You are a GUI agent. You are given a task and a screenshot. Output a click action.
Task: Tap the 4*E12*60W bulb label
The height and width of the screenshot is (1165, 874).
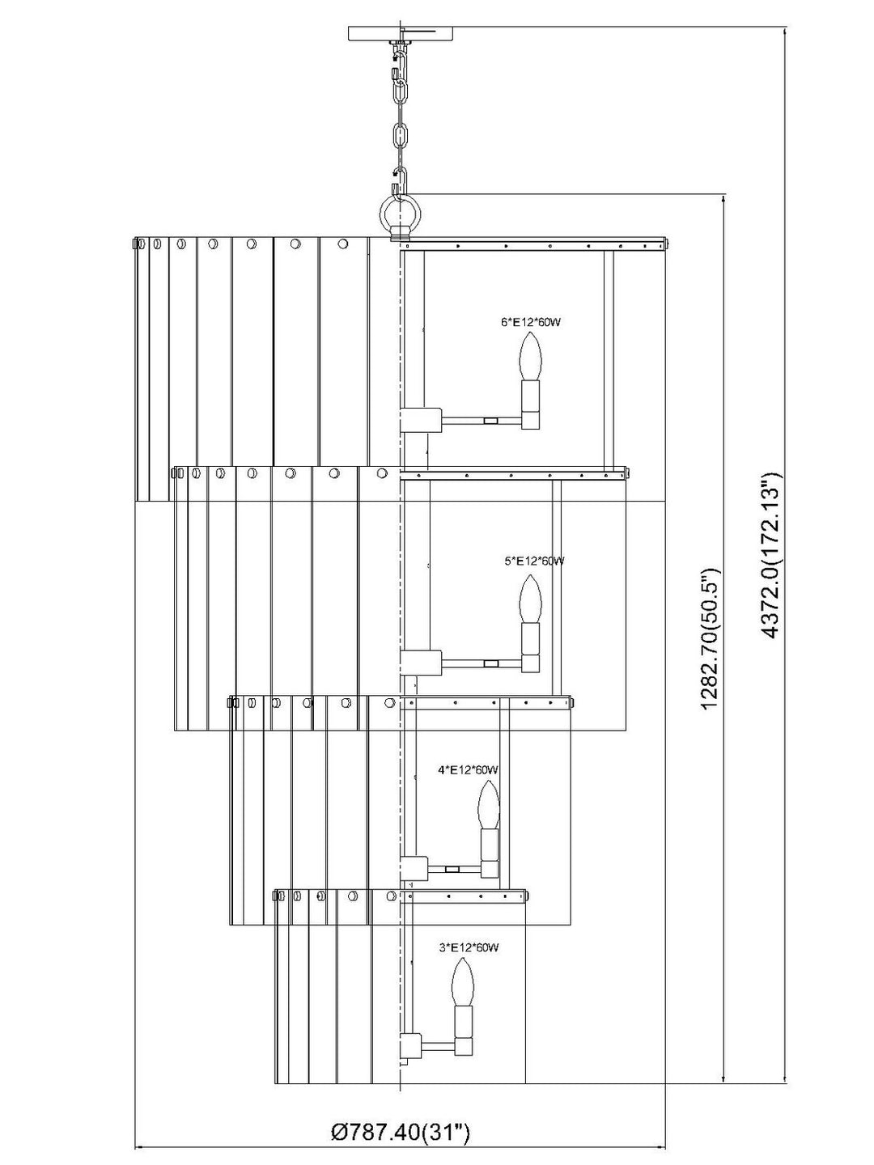click(x=468, y=769)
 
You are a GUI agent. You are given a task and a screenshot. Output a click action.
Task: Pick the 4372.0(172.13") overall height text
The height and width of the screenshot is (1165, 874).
click(x=771, y=553)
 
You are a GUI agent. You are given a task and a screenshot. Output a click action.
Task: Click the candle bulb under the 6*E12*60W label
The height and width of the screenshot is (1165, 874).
click(x=529, y=356)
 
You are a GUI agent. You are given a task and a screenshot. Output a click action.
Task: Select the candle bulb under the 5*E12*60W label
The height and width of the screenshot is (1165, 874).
click(x=530, y=599)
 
